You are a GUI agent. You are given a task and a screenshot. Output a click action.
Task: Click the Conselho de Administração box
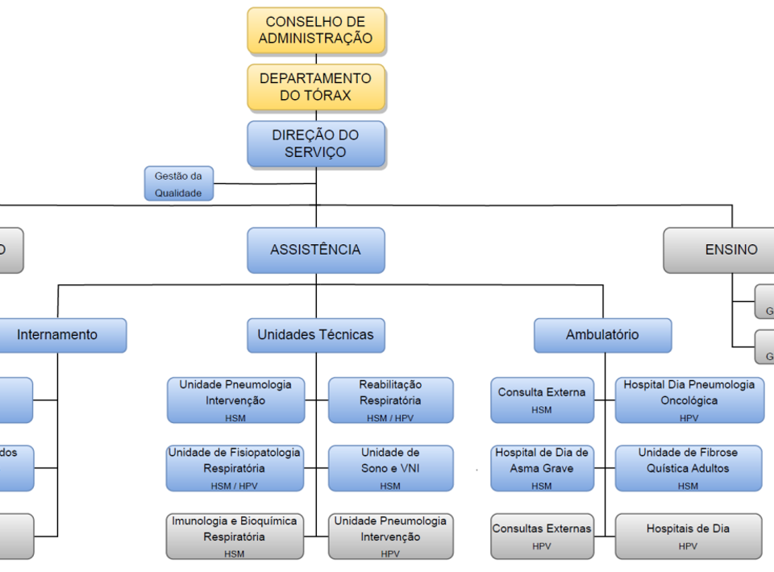316,31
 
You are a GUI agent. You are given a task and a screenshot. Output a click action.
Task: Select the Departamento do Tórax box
316,87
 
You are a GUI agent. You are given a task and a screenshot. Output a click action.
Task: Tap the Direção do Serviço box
316,143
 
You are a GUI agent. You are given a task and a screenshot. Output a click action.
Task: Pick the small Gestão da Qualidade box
179,184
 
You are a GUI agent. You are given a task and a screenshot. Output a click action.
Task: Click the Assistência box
316,250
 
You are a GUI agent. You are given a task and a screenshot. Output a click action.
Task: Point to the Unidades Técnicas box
316,335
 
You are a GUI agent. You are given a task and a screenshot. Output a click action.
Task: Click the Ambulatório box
602,335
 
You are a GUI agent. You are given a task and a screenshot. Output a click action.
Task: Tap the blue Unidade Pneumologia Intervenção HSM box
235,400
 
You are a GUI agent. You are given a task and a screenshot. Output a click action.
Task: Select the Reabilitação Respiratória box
391,400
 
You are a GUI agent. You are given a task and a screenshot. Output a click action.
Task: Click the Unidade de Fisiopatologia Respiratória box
235,468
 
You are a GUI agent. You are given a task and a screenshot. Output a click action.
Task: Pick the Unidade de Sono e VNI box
391,468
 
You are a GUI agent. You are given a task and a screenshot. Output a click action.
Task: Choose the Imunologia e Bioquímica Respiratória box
235,536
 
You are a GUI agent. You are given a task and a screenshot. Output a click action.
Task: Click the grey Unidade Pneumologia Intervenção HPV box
391,536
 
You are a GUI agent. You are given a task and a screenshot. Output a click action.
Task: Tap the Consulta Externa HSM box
542,400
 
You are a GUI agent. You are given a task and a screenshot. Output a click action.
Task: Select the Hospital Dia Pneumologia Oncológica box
689,400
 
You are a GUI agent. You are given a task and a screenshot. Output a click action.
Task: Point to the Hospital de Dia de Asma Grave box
542,468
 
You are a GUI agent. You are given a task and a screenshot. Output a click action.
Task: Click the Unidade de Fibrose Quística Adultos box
689,468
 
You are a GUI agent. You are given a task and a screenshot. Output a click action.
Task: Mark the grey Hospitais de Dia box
689,536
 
